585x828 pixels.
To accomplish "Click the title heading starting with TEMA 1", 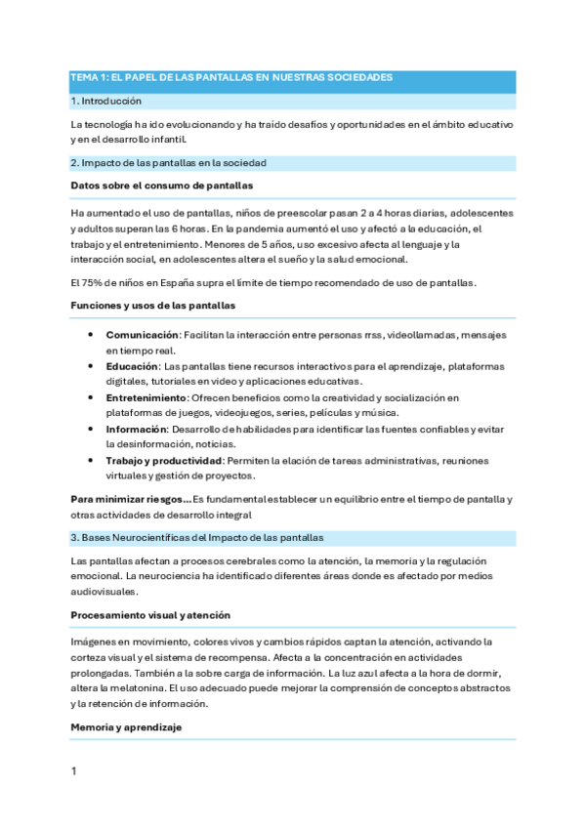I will (230, 76).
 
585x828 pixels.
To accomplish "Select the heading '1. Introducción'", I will (106, 101).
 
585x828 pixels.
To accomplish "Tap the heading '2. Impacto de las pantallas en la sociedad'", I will (169, 163).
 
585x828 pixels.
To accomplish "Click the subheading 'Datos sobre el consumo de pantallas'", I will (149, 185).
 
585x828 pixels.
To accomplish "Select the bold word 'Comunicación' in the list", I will (143, 334).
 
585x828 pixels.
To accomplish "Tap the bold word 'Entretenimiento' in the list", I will (146, 397).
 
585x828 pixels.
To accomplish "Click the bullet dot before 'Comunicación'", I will (90, 334).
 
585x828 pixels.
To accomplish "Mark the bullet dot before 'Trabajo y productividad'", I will (90, 460).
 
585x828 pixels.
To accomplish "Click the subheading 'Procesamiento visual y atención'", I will (150, 615).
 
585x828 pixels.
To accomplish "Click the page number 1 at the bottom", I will (73, 771).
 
